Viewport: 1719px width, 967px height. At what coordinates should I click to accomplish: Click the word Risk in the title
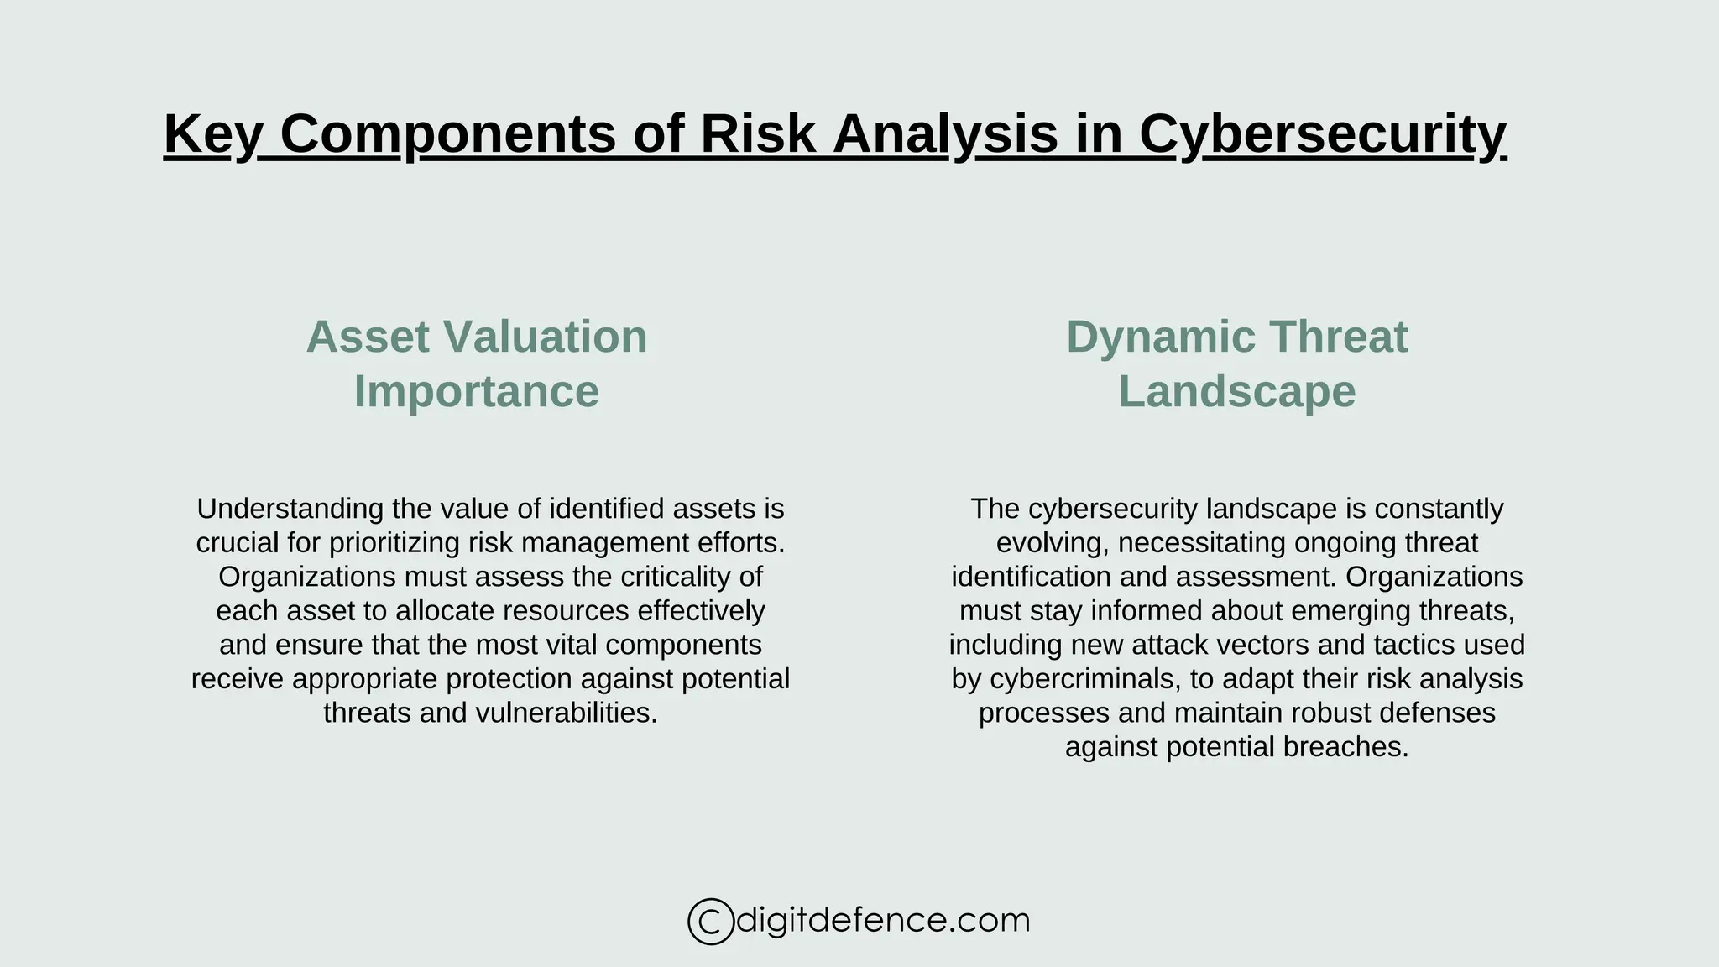(758, 134)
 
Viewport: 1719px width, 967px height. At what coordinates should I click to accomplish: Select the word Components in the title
(447, 134)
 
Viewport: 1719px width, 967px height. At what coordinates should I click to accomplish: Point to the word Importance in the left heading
(477, 392)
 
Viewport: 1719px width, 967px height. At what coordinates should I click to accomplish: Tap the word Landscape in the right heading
(1236, 392)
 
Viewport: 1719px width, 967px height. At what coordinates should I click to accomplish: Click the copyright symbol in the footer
(710, 922)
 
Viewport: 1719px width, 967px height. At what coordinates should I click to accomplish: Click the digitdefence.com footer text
(882, 921)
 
